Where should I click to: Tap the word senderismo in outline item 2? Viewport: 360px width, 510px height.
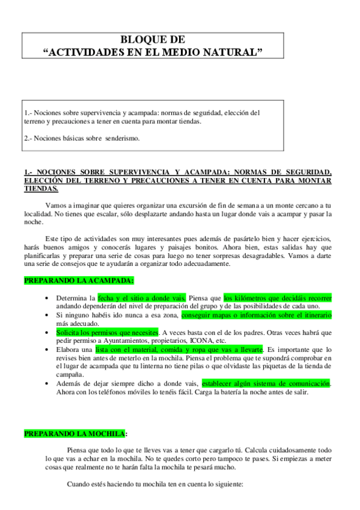coord(121,138)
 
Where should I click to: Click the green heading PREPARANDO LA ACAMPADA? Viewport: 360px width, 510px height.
coord(79,280)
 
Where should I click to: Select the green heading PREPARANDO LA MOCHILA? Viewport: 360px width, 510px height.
coord(75,433)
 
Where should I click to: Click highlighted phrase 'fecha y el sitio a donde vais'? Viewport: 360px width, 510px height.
coord(142,298)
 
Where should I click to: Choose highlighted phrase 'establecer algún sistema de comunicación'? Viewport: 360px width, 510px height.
coord(266,383)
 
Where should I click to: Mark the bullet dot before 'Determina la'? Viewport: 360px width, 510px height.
coord(47,298)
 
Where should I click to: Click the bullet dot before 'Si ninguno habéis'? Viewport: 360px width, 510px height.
coord(47,315)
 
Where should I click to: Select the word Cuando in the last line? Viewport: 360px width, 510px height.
coord(79,484)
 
